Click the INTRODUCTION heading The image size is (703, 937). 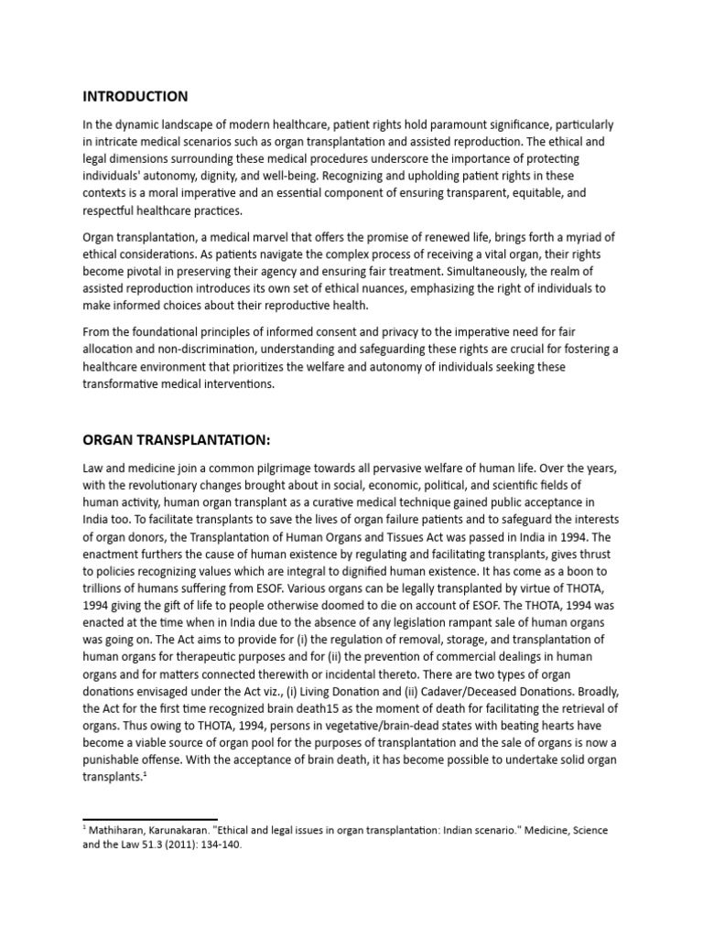click(x=135, y=96)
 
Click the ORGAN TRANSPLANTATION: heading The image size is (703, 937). click(x=177, y=440)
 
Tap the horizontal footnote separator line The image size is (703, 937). click(x=150, y=819)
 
